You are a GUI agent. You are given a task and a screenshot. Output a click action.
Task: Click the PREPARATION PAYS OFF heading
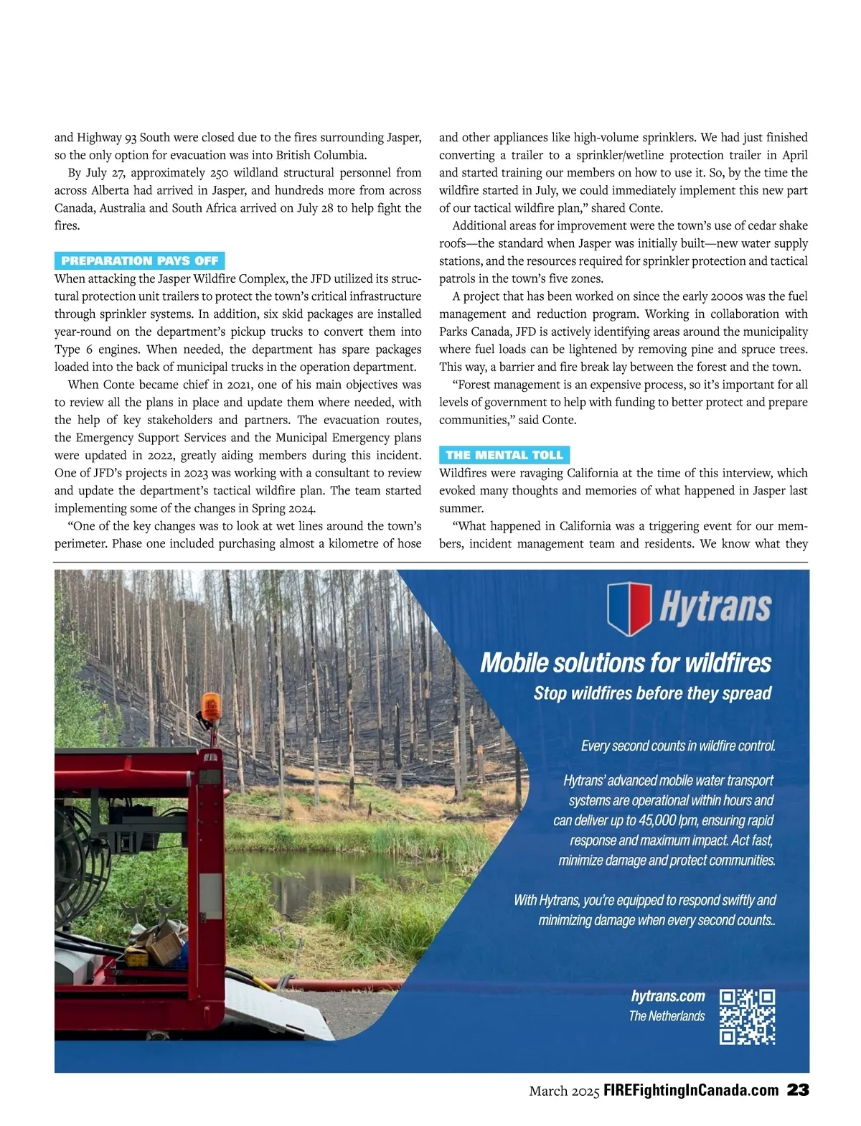(x=140, y=261)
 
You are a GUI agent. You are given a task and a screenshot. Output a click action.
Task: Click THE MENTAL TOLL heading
(x=504, y=455)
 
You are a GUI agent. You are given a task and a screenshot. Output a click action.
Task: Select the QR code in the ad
(x=747, y=1016)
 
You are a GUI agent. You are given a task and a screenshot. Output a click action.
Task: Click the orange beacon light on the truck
(x=211, y=708)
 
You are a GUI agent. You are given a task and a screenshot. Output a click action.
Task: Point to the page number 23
(x=798, y=1090)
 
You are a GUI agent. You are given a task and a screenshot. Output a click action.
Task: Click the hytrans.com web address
(x=668, y=996)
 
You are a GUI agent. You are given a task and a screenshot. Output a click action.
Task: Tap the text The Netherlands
(x=667, y=1016)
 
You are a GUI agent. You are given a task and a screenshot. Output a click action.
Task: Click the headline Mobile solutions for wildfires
(x=626, y=662)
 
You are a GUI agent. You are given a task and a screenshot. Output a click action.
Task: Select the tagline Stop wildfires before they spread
(x=652, y=693)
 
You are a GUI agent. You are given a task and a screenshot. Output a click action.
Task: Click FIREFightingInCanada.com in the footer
(x=691, y=1091)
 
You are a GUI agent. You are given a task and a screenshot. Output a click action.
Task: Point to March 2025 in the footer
(x=564, y=1092)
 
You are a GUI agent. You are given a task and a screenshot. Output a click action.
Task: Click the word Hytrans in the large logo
(x=715, y=607)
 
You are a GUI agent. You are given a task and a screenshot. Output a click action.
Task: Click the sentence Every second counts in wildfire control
(x=678, y=746)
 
